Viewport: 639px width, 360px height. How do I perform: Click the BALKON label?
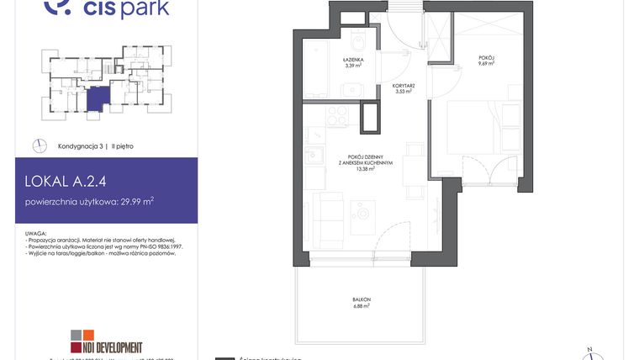point(362,300)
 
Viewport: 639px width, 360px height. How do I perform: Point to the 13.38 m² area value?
point(365,168)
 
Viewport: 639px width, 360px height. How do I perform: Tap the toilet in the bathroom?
point(358,43)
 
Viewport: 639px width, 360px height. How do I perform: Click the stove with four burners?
point(337,114)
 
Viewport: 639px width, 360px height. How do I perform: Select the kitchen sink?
point(313,155)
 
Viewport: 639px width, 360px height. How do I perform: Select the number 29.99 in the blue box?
point(127,202)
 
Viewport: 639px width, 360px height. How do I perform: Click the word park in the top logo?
point(146,9)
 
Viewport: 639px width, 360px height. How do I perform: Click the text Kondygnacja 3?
point(80,146)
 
